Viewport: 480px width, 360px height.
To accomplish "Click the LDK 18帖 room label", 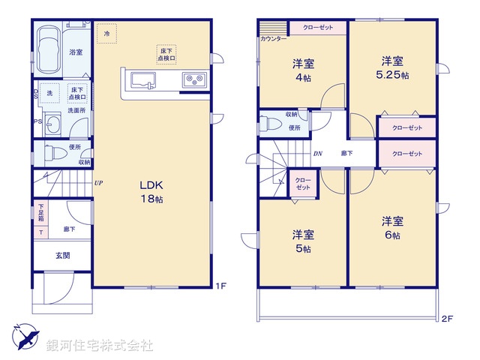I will (151, 192).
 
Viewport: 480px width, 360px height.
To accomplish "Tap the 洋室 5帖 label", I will (303, 241).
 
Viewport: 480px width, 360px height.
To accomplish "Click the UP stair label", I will (98, 182).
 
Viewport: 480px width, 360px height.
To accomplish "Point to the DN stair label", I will (317, 154).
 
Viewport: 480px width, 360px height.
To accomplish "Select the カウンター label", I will (273, 38).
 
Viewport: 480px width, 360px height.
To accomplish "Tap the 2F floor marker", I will (447, 319).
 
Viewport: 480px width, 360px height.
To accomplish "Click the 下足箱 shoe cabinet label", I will (41, 212).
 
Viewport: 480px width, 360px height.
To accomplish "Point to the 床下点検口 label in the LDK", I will (166, 52).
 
